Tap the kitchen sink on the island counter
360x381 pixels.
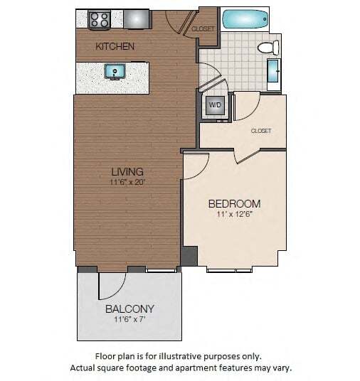tap(114, 72)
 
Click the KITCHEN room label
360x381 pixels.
tap(115, 46)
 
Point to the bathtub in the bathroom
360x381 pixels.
tap(245, 19)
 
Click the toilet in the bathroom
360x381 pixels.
tap(267, 48)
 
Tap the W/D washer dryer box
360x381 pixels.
tap(214, 106)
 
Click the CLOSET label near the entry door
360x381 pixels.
tap(203, 29)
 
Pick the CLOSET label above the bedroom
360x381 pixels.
tap(261, 131)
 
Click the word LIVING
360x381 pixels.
tap(127, 171)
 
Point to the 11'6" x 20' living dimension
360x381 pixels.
tap(127, 182)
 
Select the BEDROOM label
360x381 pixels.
tap(234, 203)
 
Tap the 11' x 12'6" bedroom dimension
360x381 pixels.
tap(234, 214)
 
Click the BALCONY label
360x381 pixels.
tap(129, 309)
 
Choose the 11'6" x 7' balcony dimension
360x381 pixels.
tap(129, 320)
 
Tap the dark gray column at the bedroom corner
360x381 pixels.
tap(189, 255)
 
